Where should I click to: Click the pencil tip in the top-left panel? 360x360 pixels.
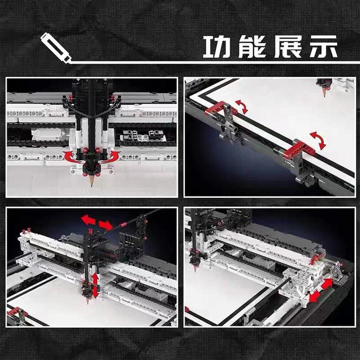coord(92,184)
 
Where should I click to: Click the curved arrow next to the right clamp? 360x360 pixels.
coord(318,140)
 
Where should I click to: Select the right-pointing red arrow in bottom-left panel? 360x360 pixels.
coord(105,224)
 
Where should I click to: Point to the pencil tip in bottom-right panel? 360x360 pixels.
coord(195,269)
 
